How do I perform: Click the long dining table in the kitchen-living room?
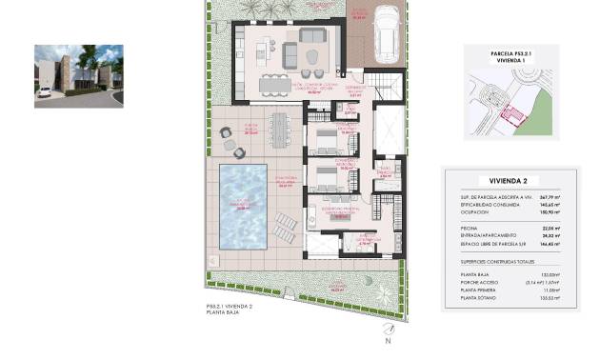coord(283,83)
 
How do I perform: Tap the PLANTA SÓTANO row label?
coord(478,299)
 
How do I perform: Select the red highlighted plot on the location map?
coord(512,115)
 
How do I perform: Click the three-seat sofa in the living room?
coord(314,34)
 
